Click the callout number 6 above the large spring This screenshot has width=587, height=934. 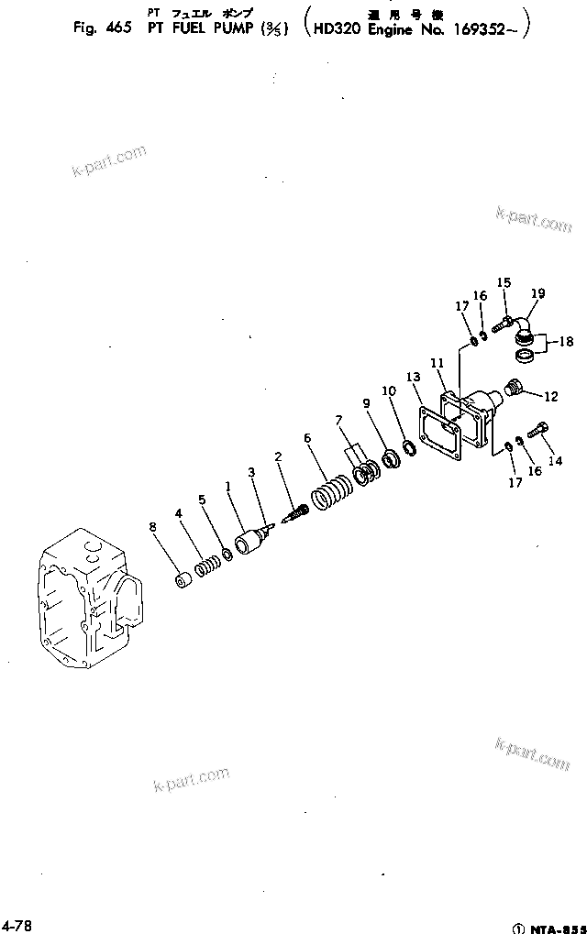pyautogui.click(x=308, y=438)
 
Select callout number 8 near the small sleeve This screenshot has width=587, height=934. pyautogui.click(x=153, y=526)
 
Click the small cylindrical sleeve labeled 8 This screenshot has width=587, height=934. pyautogui.click(x=183, y=581)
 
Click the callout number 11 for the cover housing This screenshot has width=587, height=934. pyautogui.click(x=437, y=363)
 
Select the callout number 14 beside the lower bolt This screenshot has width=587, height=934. pyautogui.click(x=555, y=461)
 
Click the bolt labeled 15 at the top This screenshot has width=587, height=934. pyautogui.click(x=502, y=324)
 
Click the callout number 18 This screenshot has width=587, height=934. pyautogui.click(x=566, y=342)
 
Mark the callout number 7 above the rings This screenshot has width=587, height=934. pyautogui.click(x=339, y=420)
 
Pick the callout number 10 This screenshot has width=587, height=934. pyautogui.click(x=389, y=391)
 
